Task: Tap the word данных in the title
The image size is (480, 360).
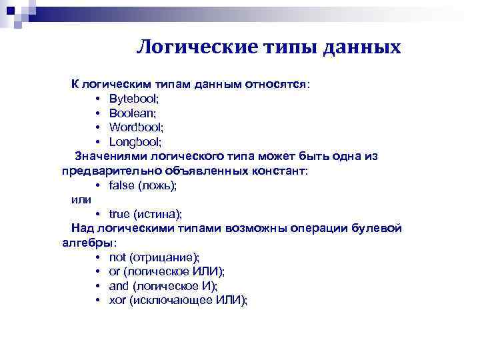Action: [x=363, y=47]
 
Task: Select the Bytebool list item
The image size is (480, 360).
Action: [x=134, y=99]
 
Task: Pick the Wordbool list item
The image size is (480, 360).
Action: [x=136, y=127]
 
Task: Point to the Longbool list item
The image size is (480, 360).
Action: [x=135, y=142]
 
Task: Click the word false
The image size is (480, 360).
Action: [x=121, y=185]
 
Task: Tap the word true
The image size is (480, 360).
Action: [x=119, y=214]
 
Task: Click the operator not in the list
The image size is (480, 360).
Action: [x=117, y=257]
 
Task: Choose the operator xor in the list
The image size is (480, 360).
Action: [x=117, y=300]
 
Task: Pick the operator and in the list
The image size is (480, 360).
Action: [x=119, y=286]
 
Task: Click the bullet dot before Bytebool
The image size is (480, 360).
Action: [x=97, y=99]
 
